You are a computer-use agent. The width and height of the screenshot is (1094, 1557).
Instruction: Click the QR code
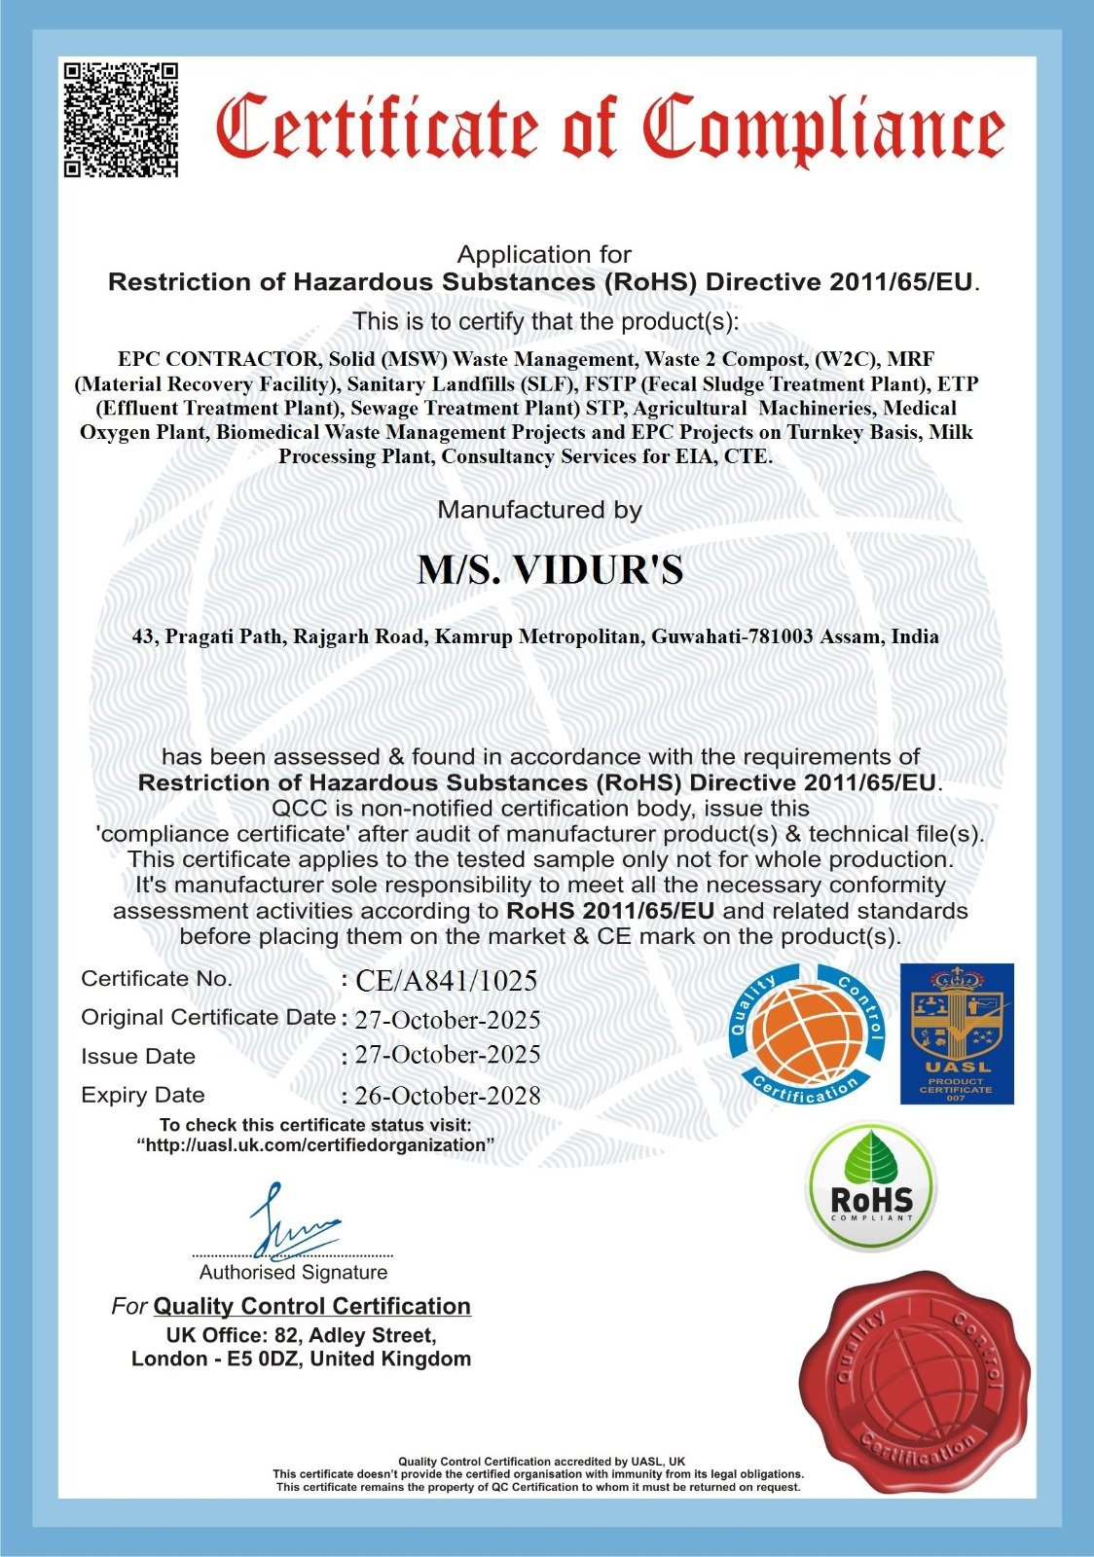tap(122, 119)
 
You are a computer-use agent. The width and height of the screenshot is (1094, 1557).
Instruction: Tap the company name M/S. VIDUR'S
tap(550, 570)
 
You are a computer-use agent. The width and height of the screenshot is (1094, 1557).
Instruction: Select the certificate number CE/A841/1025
tap(446, 981)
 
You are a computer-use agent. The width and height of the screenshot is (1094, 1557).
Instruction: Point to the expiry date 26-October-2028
tap(448, 1096)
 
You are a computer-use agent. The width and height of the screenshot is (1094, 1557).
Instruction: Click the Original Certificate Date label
tap(208, 1018)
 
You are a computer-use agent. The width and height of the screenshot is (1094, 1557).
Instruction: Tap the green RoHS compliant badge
tap(871, 1186)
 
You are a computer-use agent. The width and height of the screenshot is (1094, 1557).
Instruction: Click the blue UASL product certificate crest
tap(956, 1033)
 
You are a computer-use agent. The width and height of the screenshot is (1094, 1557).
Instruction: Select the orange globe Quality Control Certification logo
tap(807, 1033)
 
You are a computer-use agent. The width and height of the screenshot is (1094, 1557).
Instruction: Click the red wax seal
tap(915, 1382)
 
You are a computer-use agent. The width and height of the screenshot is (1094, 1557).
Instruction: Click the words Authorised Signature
tap(293, 1273)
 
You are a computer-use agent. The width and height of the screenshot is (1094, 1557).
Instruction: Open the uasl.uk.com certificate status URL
tap(315, 1145)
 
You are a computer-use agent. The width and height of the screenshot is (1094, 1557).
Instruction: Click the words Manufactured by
tap(539, 510)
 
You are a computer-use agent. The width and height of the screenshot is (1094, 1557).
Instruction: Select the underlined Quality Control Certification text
tap(311, 1306)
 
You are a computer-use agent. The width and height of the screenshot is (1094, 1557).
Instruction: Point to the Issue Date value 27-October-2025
tap(448, 1056)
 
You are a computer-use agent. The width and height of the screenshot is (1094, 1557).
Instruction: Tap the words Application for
tap(544, 255)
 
